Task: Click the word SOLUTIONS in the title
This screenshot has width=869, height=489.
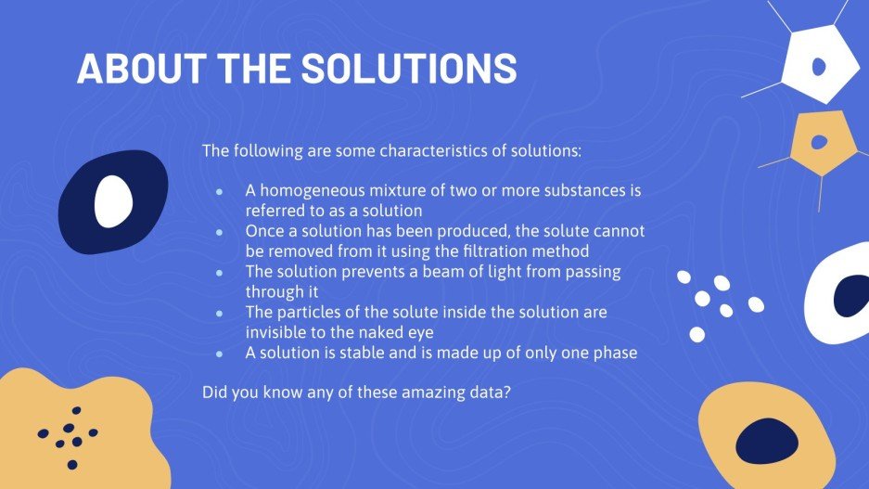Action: click(x=409, y=69)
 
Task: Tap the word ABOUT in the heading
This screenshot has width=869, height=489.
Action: click(x=142, y=69)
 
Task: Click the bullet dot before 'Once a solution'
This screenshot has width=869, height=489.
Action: click(x=220, y=232)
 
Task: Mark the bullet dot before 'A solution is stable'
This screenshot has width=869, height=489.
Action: click(x=220, y=354)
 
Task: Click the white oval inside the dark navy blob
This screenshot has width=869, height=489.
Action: click(x=114, y=201)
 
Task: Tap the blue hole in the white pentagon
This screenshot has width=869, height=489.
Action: click(x=819, y=67)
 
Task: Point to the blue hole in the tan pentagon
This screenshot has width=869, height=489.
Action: click(x=819, y=143)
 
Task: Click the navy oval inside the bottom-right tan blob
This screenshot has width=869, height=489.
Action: click(x=767, y=442)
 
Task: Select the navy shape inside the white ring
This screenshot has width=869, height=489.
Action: click(x=851, y=295)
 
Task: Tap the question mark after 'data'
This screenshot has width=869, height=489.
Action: click(x=506, y=392)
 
